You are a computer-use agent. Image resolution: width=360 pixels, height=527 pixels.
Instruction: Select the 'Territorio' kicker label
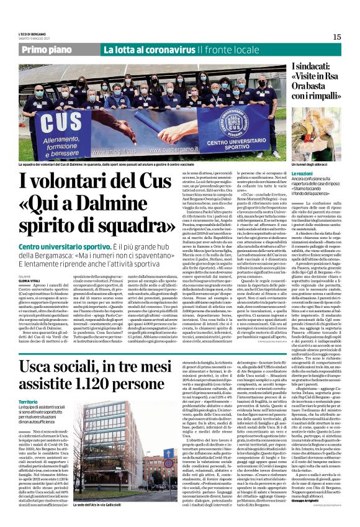(29, 385)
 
